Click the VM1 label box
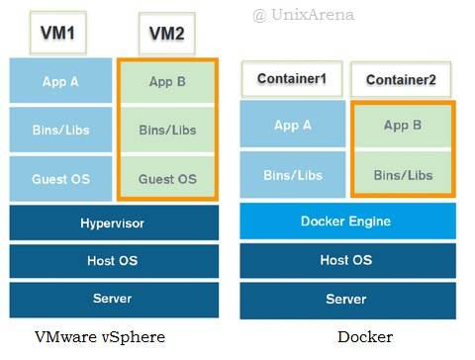click(x=61, y=34)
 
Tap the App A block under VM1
click(x=61, y=81)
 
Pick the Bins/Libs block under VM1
click(x=61, y=130)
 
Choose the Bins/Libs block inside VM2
click(x=165, y=130)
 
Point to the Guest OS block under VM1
click(x=61, y=178)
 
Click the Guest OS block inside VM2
click(x=165, y=178)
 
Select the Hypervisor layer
click(x=113, y=224)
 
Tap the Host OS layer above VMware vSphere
click(x=113, y=261)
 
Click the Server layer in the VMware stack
click(x=113, y=299)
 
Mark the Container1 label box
click(x=292, y=77)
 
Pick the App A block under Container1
click(x=292, y=126)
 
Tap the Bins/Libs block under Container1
click(x=292, y=175)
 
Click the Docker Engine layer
click(x=347, y=222)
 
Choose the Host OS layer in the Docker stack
click(x=347, y=260)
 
